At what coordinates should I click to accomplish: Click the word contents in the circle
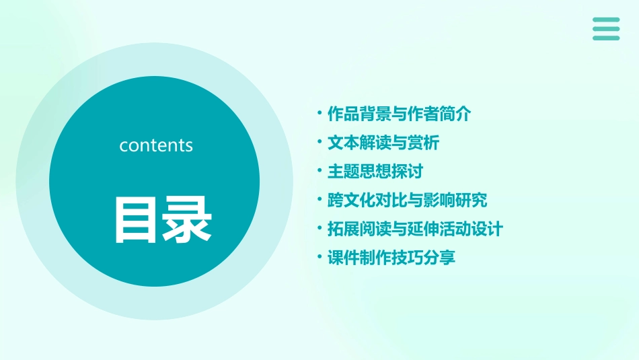point(156,145)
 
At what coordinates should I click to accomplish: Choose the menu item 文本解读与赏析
point(383,143)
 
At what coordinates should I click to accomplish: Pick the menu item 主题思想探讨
point(375,171)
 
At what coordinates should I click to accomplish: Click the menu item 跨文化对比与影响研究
point(407,200)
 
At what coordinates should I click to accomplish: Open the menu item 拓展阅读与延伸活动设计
point(415,229)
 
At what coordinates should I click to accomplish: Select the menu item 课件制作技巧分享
point(391,258)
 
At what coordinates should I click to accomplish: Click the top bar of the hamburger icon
point(606,20)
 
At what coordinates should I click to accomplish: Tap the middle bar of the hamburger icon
point(606,29)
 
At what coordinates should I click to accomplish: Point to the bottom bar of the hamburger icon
point(606,38)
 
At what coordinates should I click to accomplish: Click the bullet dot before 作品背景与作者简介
point(320,113)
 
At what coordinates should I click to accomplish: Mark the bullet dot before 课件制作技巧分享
point(320,257)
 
